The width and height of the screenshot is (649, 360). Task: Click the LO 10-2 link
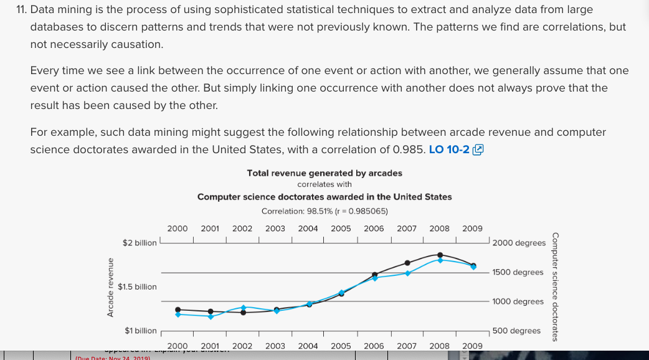click(x=449, y=149)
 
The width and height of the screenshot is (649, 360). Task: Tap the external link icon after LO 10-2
click(x=478, y=149)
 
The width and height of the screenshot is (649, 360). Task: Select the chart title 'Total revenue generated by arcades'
click(x=324, y=173)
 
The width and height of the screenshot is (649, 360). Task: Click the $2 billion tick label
click(x=140, y=242)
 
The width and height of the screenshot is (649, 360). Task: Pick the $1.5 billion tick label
click(x=137, y=287)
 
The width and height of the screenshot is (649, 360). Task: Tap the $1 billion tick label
click(x=141, y=330)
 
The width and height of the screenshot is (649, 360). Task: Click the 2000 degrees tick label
click(x=519, y=242)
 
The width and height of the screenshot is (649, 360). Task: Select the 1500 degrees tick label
click(x=518, y=272)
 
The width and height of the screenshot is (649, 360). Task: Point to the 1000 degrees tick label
click(x=518, y=301)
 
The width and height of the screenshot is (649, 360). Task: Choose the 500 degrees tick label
click(x=516, y=331)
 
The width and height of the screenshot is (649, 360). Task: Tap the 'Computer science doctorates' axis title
click(x=555, y=287)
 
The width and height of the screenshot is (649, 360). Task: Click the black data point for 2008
click(x=440, y=255)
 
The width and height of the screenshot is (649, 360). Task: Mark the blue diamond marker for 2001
click(x=211, y=316)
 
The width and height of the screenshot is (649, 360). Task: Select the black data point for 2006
click(x=375, y=274)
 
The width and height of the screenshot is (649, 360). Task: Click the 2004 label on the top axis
click(x=308, y=229)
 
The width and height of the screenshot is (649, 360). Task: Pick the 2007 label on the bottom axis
click(x=407, y=345)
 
